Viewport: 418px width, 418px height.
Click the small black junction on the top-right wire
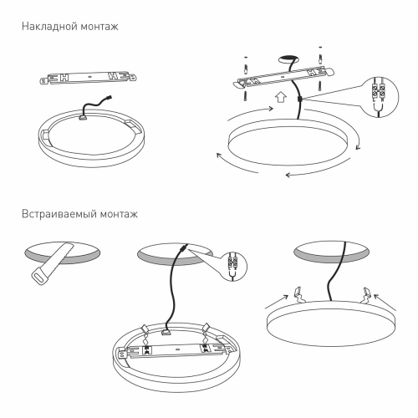[298, 99]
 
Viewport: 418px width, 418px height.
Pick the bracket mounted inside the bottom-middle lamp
[183, 346]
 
